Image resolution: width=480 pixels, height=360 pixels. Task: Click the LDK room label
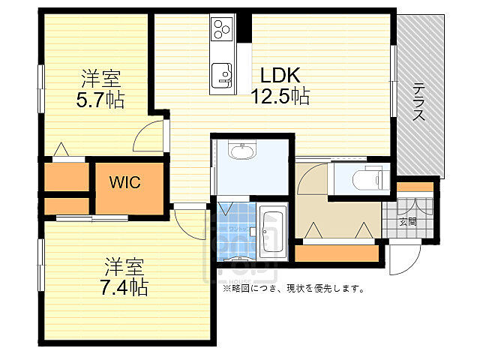pos(280,76)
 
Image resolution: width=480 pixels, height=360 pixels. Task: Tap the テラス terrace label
pos(419,102)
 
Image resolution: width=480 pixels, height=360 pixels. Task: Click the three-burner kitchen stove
pos(221,30)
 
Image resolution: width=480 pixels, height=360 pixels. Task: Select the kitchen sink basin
pos(221,74)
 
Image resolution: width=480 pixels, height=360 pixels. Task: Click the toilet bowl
pos(364,180)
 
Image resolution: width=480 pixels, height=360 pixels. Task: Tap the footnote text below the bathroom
pos(293,288)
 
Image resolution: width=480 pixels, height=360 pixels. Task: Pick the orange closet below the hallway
pos(337,253)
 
